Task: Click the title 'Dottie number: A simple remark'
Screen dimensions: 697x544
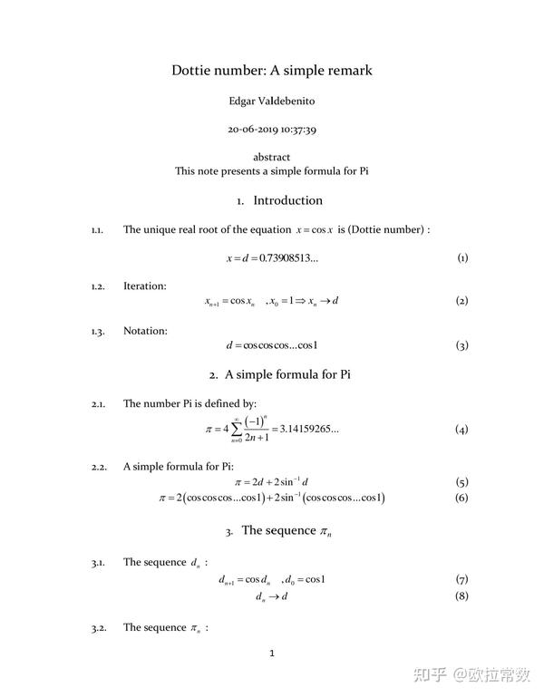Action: (x=272, y=70)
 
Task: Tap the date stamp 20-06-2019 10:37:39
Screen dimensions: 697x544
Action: (x=272, y=130)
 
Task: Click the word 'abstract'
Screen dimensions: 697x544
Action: (x=272, y=157)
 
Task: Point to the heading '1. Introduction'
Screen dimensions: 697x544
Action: (x=279, y=200)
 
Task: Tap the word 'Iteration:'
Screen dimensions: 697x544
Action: (x=145, y=286)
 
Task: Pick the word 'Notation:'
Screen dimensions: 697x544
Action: (x=145, y=331)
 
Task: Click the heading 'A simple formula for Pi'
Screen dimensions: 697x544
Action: (x=287, y=374)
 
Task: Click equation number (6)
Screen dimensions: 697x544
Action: (x=461, y=498)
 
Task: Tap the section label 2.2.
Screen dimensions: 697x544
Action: (x=99, y=467)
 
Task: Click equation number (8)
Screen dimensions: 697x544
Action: (x=461, y=596)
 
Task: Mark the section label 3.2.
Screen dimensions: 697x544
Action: (x=99, y=627)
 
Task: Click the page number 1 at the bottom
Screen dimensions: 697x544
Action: (x=272, y=653)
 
